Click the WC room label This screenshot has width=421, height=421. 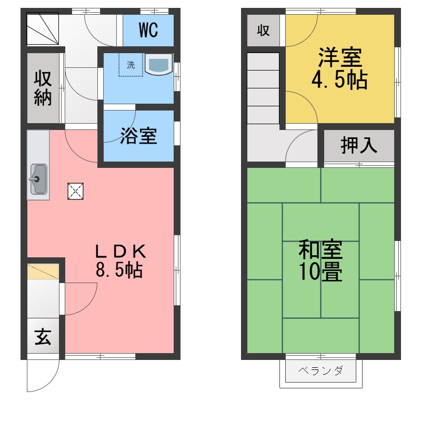point(148,31)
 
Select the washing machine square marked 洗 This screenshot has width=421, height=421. point(131,65)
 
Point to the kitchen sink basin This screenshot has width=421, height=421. point(38,179)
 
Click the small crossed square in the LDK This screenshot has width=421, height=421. point(75,191)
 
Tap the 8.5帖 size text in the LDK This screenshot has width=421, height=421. point(118,270)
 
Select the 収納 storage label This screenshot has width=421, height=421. point(43,88)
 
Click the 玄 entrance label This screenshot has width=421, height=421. point(43,336)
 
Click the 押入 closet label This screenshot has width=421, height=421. point(359,145)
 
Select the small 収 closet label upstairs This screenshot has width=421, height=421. point(263,30)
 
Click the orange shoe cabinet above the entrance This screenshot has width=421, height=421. point(43,271)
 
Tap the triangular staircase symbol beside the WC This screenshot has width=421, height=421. point(42,29)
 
